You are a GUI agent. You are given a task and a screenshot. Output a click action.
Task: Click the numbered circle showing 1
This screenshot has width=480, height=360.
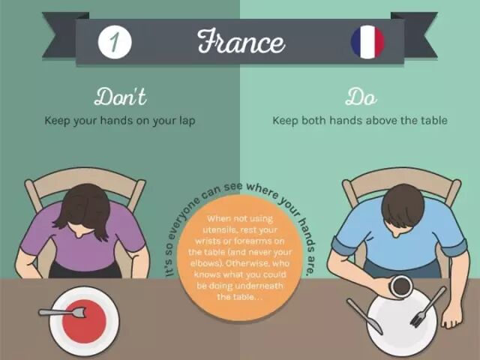(x=115, y=42)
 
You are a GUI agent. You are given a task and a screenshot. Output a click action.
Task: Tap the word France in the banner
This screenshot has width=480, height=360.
(x=241, y=42)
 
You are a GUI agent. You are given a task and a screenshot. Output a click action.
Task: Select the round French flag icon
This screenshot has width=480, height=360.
(x=367, y=42)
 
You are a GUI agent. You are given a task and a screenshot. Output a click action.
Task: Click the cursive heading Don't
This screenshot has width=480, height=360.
(x=120, y=97)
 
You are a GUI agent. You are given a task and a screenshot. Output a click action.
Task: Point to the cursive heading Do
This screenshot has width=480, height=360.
(x=361, y=97)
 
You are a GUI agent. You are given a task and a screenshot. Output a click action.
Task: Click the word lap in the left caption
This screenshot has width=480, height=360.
(x=187, y=121)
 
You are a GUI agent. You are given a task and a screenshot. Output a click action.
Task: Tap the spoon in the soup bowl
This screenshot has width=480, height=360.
(x=61, y=313)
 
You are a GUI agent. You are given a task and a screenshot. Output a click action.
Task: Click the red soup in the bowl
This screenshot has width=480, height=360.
(x=84, y=322)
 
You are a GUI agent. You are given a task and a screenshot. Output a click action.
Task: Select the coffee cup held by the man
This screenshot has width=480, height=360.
(x=400, y=286)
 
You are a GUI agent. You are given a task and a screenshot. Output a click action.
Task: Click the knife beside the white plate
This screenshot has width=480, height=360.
(x=364, y=316)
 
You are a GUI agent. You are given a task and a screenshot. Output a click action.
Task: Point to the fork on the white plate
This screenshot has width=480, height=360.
(x=428, y=307)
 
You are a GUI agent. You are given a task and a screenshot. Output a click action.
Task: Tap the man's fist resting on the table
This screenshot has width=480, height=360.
(x=451, y=320)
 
